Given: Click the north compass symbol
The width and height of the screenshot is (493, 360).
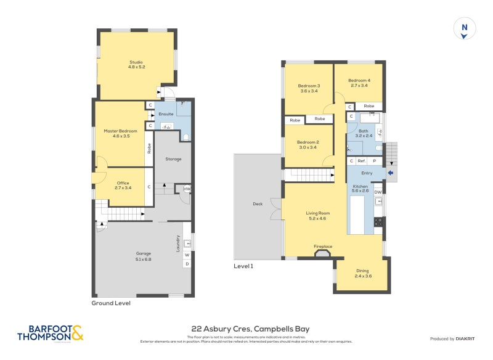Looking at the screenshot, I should pos(464,29).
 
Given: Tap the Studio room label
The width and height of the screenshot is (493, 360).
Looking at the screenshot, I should pos(136,63).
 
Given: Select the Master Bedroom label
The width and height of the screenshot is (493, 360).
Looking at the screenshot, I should pos(120,133).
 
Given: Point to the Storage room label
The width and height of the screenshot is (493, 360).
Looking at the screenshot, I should pos(173,159).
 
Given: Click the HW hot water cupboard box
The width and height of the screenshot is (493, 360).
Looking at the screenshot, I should pos(187,189).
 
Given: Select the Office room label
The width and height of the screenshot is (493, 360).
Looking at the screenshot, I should pos(123,185).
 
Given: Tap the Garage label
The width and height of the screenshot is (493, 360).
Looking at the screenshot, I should pos(143,256).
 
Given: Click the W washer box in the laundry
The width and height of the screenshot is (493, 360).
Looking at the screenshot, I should pos(187,255).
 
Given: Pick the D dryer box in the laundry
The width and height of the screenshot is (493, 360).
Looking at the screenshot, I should pos(187,264).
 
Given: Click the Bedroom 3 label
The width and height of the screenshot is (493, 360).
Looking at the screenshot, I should pos(309,88).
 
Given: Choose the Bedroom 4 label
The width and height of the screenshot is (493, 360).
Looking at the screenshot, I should pos(359,83).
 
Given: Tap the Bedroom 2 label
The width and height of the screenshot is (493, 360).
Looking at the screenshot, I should pos(309,144).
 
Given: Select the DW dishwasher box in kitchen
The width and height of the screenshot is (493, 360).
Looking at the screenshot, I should pos(377,192).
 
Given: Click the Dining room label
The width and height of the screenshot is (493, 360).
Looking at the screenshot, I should pos(362,273).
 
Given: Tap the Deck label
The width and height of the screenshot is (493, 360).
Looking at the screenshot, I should pos(258,204).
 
